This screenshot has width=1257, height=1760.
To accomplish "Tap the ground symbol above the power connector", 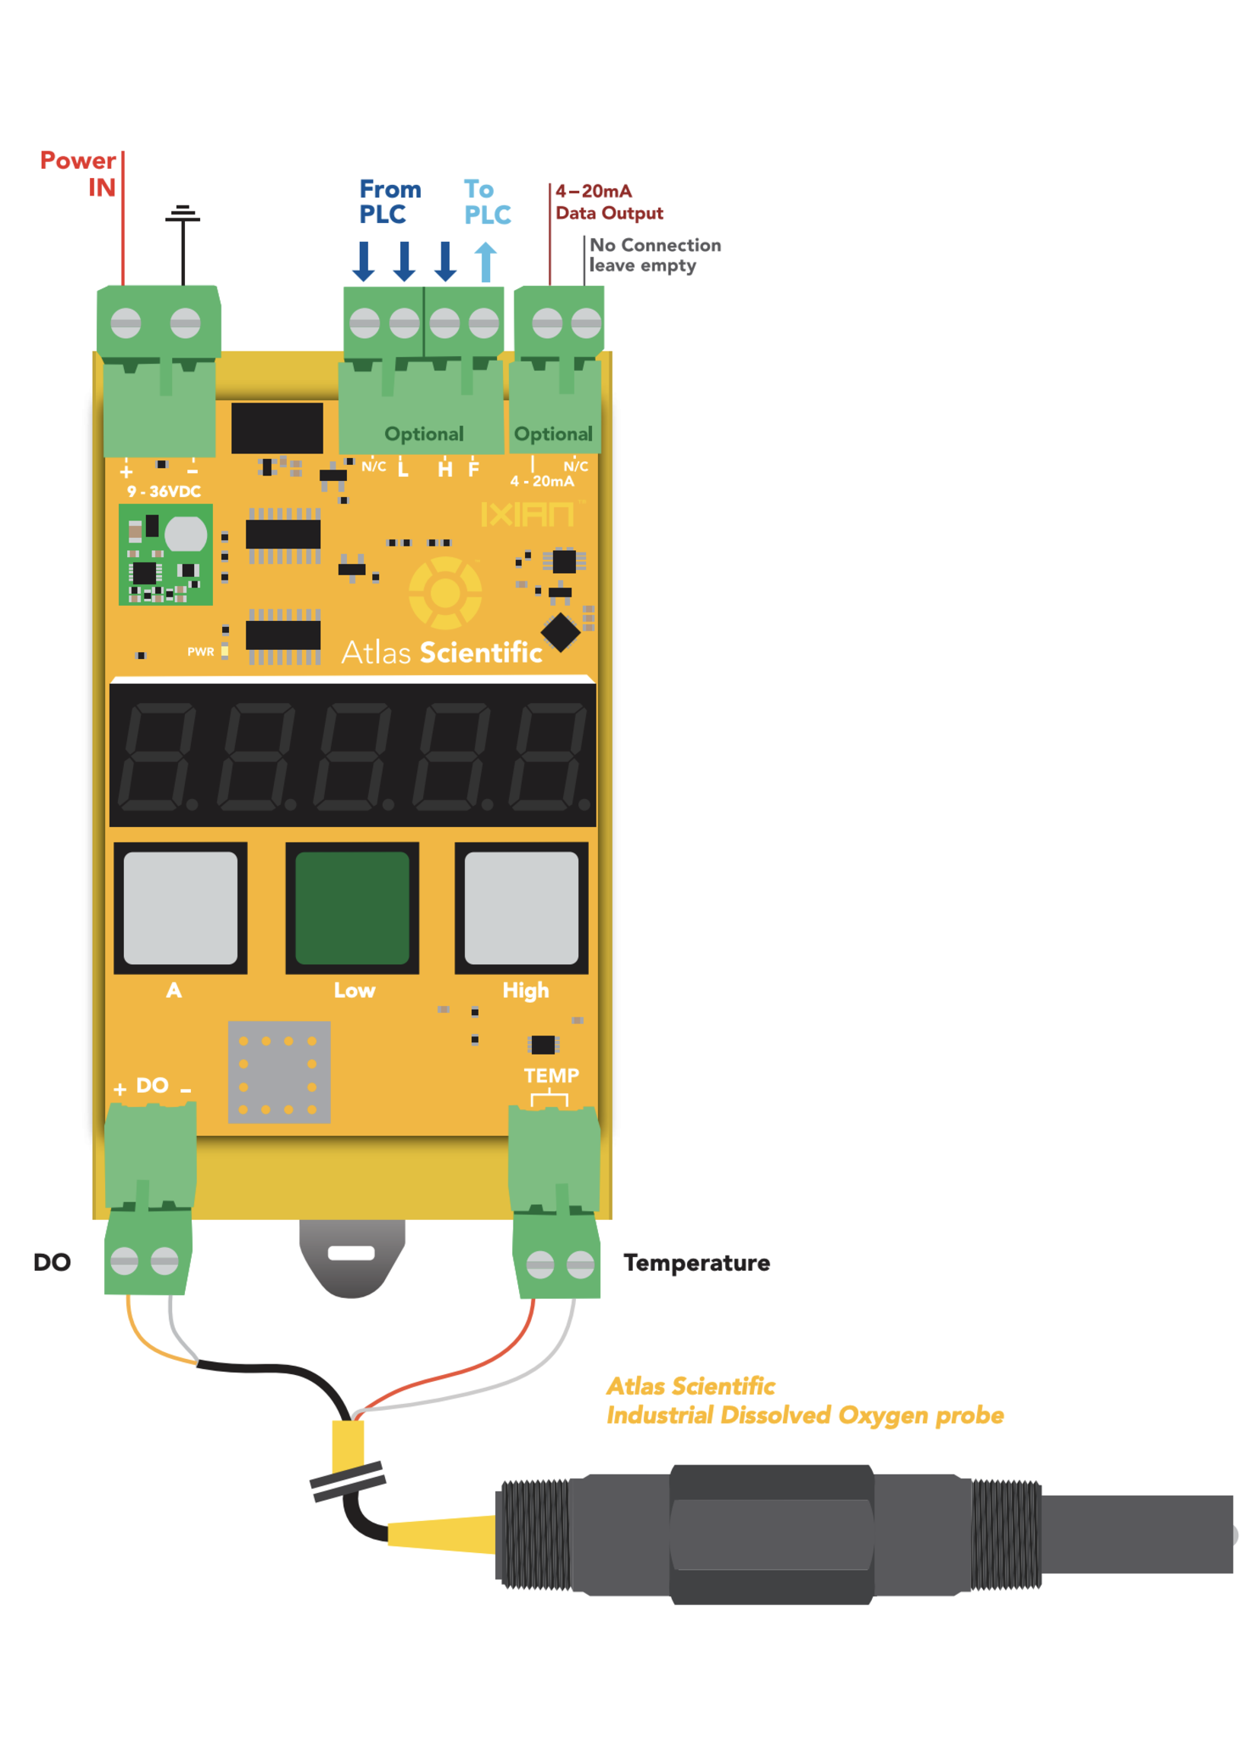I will [x=183, y=215].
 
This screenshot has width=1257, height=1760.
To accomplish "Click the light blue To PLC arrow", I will [x=485, y=262].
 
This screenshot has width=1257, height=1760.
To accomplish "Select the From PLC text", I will [x=390, y=201].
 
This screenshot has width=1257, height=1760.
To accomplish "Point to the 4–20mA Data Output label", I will [x=609, y=202].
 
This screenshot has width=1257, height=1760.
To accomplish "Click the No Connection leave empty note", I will [x=654, y=255].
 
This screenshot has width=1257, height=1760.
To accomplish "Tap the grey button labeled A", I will [x=180, y=908].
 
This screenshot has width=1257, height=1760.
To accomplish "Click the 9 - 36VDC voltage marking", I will [x=164, y=492].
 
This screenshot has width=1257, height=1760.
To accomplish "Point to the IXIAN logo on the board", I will [x=528, y=514].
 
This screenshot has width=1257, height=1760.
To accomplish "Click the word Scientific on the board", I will [x=480, y=652].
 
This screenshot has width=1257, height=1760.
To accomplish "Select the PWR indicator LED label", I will [x=200, y=651].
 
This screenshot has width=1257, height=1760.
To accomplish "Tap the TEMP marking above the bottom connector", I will [x=551, y=1075].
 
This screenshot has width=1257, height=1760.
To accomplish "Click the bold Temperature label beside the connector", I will [x=697, y=1262].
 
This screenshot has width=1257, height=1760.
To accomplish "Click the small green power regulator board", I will [x=166, y=554].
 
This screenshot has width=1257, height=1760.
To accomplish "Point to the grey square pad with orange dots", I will [x=278, y=1072].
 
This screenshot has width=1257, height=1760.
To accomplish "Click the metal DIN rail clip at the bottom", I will [x=352, y=1256].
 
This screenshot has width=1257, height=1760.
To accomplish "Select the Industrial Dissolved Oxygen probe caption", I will [x=805, y=1415].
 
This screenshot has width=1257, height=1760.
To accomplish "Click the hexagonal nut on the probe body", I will [x=772, y=1534].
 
